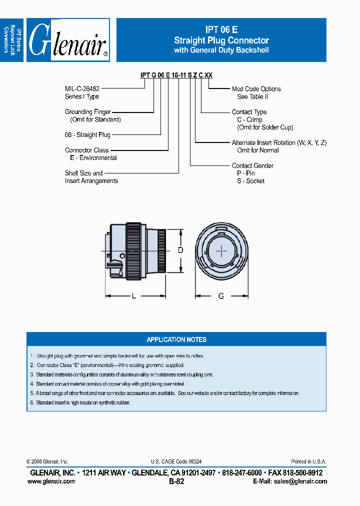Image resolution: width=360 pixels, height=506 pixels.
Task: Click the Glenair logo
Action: [x=68, y=40]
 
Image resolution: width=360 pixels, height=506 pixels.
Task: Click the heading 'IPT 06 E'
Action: [x=221, y=30]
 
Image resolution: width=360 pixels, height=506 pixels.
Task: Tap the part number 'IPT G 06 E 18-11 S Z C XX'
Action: [x=176, y=75]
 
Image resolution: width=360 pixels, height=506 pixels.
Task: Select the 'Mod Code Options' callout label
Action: [x=256, y=89]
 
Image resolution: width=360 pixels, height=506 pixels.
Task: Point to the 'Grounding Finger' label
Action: [x=87, y=112]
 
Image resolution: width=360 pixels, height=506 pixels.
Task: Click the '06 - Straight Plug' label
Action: [x=87, y=135]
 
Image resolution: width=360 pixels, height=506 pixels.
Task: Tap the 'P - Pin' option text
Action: [x=246, y=173]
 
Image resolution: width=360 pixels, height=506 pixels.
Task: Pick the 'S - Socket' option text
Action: [x=250, y=181]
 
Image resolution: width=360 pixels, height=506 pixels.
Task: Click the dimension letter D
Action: [x=180, y=250]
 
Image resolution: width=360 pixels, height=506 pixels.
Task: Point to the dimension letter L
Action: [x=134, y=296]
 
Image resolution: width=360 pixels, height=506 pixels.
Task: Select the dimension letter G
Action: [x=221, y=296]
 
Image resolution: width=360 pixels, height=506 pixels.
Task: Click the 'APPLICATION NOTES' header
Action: [x=176, y=339]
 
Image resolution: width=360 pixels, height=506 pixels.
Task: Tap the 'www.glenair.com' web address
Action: [x=51, y=481]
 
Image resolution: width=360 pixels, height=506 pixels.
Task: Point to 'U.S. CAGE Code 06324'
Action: [x=176, y=462]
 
